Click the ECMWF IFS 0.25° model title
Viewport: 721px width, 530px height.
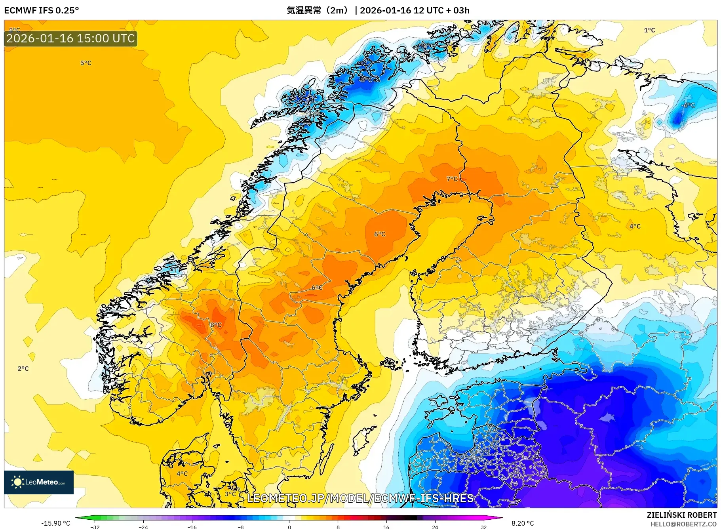(x=42, y=10)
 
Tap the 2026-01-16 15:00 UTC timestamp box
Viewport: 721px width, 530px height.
(x=70, y=38)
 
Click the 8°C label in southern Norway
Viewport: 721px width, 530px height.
(x=216, y=325)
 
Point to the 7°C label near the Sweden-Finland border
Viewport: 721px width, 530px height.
(x=452, y=179)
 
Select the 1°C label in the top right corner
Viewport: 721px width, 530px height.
(x=649, y=30)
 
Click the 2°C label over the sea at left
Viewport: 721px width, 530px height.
(x=23, y=368)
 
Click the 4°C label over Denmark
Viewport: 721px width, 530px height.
(x=182, y=473)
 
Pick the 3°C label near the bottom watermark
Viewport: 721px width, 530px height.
(x=230, y=494)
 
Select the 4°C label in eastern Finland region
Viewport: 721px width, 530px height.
(x=635, y=226)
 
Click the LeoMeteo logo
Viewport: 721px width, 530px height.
(x=39, y=482)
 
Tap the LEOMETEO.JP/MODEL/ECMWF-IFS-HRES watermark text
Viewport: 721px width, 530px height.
(x=360, y=498)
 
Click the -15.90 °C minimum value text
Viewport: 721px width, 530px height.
(x=56, y=523)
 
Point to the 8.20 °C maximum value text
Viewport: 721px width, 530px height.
(x=523, y=523)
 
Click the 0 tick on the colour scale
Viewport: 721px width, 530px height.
(x=289, y=527)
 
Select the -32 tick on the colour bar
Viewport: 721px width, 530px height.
(x=95, y=527)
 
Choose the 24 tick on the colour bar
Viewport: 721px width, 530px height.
(x=435, y=527)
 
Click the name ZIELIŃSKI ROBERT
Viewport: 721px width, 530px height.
(x=681, y=515)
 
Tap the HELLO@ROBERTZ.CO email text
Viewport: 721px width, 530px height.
(x=683, y=524)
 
